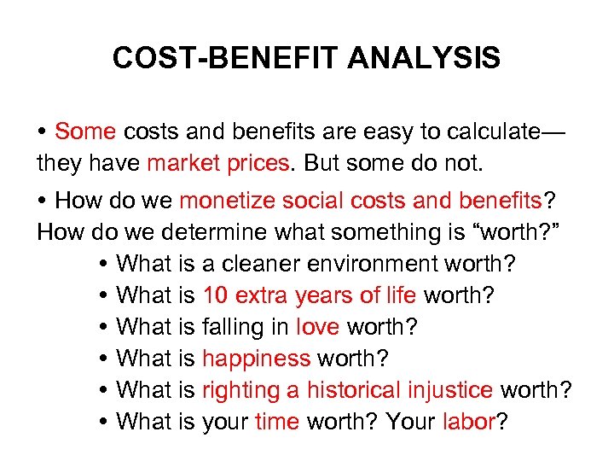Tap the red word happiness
point(257,359)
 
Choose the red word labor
point(468,422)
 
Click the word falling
point(245,327)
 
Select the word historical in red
point(351,390)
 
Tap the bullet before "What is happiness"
point(103,359)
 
